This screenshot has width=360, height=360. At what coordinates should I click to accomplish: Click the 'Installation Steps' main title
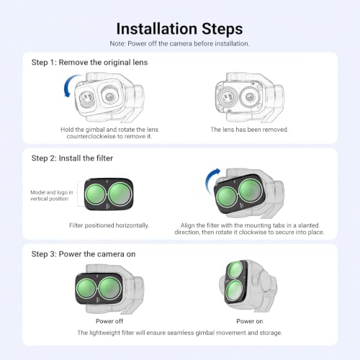pyautogui.click(x=179, y=30)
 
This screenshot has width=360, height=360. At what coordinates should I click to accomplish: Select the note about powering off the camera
pyautogui.click(x=179, y=44)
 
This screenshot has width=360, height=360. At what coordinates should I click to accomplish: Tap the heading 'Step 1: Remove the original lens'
pyautogui.click(x=89, y=63)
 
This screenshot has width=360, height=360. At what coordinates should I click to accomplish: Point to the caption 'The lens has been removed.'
pyautogui.click(x=249, y=130)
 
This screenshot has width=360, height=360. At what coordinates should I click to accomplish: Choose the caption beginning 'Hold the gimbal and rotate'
pyautogui.click(x=109, y=133)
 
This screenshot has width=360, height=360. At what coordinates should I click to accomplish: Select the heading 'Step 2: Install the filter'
pyautogui.click(x=72, y=158)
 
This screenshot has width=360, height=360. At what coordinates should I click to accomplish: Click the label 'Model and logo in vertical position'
pyautogui.click(x=51, y=196)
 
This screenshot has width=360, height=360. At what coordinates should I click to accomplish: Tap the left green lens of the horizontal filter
pyautogui.click(x=95, y=194)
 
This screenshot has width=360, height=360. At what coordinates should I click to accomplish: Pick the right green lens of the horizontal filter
pyautogui.click(x=120, y=194)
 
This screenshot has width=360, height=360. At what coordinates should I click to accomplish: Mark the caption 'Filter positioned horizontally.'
pyautogui.click(x=109, y=225)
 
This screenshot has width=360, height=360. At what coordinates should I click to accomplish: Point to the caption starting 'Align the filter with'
pyautogui.click(x=249, y=229)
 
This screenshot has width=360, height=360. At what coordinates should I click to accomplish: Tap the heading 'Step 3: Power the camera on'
pyautogui.click(x=84, y=254)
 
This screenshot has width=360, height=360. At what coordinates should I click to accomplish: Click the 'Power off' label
pyautogui.click(x=109, y=321)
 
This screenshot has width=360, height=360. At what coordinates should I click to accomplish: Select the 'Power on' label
pyautogui.click(x=250, y=321)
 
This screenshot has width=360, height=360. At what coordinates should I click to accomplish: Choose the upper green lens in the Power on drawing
pyautogui.click(x=235, y=270)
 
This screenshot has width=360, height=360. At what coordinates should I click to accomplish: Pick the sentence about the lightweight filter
pyautogui.click(x=180, y=333)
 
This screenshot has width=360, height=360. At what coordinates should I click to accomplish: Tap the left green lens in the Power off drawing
pyautogui.click(x=86, y=289)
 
